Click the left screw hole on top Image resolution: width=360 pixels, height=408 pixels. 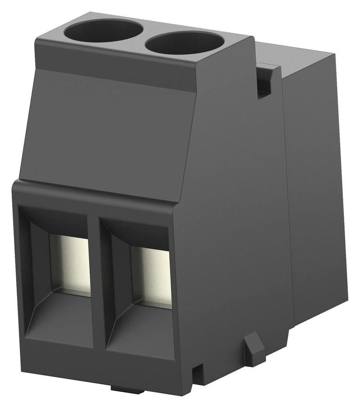click(103, 31)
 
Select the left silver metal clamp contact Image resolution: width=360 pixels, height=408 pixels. click(70, 263)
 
